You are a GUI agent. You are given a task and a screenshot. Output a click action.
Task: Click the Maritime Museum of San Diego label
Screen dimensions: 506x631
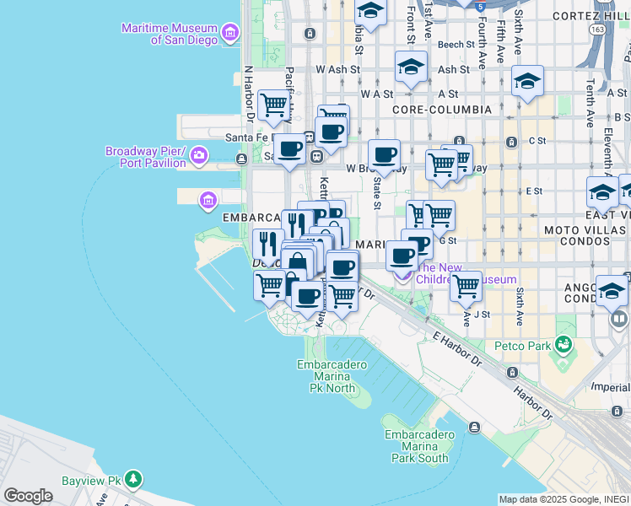point(169,33)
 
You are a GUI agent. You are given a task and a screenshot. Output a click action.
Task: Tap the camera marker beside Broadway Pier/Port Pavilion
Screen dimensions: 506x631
point(199,154)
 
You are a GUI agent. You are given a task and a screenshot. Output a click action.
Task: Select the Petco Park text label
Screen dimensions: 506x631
point(527,346)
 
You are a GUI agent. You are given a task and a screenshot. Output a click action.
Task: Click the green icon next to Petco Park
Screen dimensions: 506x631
point(563,345)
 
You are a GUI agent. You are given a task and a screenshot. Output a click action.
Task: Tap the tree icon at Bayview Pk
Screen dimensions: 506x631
point(133,480)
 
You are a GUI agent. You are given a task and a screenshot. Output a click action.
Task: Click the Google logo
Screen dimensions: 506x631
point(28,495)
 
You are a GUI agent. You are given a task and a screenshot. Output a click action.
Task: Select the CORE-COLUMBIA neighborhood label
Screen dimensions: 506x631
point(442,110)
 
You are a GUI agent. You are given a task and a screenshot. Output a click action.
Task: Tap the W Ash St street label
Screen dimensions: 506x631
point(338,70)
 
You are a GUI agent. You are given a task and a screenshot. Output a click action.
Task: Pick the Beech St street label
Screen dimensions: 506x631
point(456,45)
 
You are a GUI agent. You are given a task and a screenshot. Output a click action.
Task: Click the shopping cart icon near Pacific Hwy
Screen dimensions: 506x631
point(274,105)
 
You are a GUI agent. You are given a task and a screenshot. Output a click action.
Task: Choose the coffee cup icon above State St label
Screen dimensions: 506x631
point(384,154)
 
